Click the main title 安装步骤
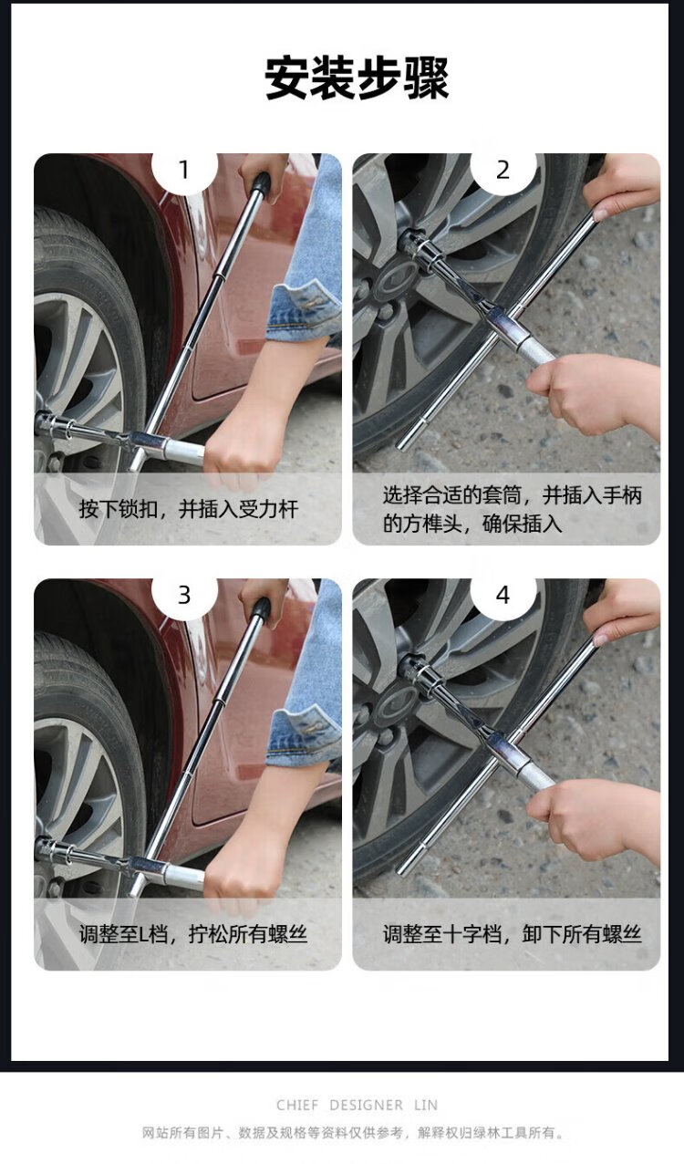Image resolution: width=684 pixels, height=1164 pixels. click(x=357, y=78)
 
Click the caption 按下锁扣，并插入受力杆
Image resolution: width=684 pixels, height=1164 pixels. click(x=189, y=509)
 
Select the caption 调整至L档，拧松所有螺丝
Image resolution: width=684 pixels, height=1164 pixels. click(x=193, y=934)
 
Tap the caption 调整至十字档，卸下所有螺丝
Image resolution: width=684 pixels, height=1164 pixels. click(x=513, y=934)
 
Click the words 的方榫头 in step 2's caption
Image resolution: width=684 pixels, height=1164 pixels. click(x=421, y=524)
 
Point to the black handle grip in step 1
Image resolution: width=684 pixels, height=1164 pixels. click(x=261, y=184)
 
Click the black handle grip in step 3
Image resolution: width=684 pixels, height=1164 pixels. click(x=261, y=610)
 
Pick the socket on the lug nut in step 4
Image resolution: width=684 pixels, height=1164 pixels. click(x=416, y=670)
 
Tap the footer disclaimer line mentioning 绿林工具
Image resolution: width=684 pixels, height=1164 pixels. click(x=353, y=1133)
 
